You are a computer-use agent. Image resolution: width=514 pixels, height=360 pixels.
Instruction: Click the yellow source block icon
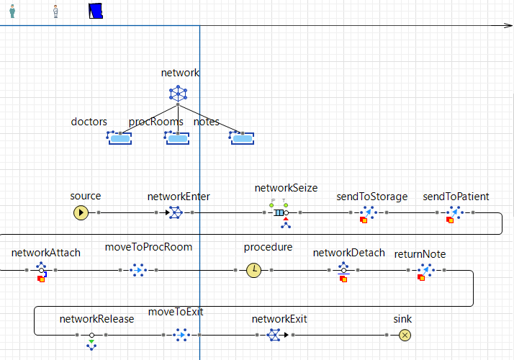tap(81, 212)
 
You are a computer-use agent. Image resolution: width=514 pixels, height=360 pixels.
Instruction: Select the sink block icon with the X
tap(405, 335)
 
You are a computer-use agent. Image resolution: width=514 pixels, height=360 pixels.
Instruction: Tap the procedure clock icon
tap(253, 270)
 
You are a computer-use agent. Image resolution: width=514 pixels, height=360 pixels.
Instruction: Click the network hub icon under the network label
tap(177, 93)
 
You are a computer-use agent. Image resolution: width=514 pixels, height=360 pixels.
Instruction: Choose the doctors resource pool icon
tap(119, 137)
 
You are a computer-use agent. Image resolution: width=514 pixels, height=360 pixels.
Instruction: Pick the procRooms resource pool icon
tap(176, 137)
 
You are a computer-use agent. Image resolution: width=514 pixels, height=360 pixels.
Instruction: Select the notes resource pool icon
tap(242, 137)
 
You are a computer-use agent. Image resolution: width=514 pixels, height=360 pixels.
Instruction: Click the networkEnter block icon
tap(175, 212)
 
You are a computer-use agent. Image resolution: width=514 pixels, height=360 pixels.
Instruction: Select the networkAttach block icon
tap(42, 271)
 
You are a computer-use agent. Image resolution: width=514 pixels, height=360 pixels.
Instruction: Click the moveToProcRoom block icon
tap(138, 270)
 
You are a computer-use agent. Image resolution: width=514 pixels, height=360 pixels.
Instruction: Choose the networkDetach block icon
tap(343, 271)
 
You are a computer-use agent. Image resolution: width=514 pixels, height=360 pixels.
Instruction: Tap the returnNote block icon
tap(424, 271)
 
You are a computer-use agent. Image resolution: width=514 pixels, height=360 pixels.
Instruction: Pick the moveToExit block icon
tap(181, 335)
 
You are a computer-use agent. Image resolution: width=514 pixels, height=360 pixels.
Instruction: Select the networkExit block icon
tap(274, 335)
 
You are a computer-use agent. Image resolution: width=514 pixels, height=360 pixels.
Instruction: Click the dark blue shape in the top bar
tap(96, 11)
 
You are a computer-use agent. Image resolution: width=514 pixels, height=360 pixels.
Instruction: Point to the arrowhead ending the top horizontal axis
tap(508, 26)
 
